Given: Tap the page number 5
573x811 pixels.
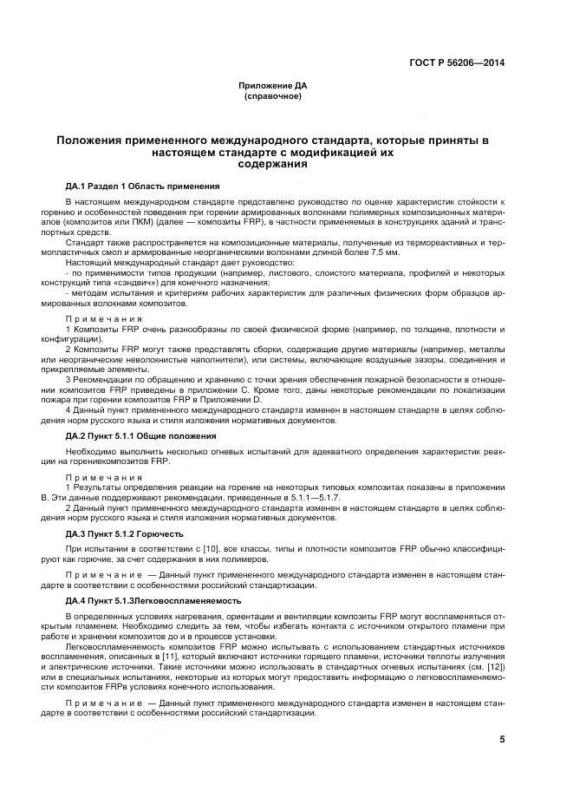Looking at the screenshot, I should tap(502, 740).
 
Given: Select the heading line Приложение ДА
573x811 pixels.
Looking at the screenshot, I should tap(273, 85).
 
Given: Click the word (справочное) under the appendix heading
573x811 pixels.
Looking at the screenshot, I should tap(273, 95).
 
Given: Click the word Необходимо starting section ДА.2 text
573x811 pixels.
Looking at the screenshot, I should tap(91, 451).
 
